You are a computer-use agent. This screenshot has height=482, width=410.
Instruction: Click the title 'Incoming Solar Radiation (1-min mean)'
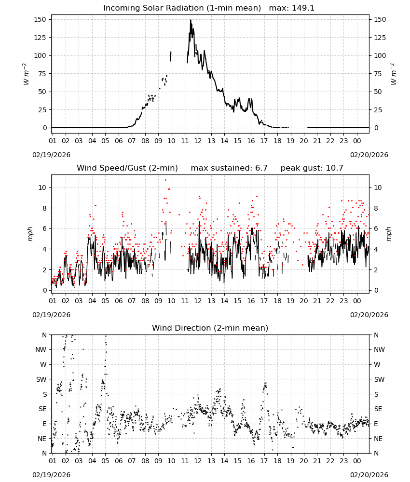pos(182,8)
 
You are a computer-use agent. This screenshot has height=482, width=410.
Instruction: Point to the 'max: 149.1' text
pos(292,8)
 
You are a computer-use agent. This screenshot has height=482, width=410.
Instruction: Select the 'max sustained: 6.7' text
pos(229,168)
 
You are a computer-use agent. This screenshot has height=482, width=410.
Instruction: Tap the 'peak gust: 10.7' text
pos(312,168)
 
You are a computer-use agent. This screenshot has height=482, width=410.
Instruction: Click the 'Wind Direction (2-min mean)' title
pos(210,328)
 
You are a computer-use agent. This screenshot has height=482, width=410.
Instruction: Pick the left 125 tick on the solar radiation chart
pos(41,38)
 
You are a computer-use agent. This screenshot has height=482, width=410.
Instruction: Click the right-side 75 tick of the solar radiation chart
pos(378,74)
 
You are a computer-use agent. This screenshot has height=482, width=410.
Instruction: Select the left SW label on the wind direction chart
pos(41,379)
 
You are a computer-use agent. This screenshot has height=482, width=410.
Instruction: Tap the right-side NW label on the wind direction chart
pos(379,349)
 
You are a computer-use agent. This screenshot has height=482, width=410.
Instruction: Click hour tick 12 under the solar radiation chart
pos(198,141)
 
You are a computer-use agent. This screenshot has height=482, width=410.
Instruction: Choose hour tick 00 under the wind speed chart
pos(357,301)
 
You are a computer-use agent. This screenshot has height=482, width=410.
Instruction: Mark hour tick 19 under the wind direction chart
pos(290,461)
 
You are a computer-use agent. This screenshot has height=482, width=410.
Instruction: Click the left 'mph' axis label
pos(30,234)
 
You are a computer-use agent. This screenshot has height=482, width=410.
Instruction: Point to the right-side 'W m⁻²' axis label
pos(394,74)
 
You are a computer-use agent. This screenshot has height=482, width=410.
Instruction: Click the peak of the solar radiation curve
pos(191,20)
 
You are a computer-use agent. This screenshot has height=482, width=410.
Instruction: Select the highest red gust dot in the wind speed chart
pos(166,180)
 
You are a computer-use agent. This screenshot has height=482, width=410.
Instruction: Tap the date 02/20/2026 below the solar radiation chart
pos(369,155)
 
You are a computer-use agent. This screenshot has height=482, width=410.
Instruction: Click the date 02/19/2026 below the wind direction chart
pos(51,475)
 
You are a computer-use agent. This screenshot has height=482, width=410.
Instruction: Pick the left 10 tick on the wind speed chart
pos(42,187)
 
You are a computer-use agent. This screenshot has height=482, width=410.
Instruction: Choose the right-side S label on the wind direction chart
pos(376,394)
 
